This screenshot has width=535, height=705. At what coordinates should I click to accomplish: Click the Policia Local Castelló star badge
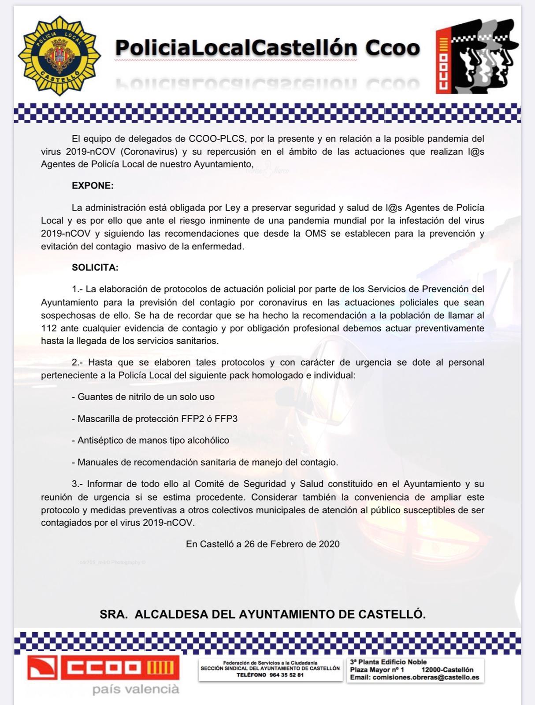(x=59, y=56)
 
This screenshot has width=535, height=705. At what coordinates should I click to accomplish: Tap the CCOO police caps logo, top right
(x=476, y=56)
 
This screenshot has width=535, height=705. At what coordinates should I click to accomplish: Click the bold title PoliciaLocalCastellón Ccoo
(x=267, y=48)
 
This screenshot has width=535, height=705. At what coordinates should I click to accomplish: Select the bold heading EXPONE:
(x=93, y=186)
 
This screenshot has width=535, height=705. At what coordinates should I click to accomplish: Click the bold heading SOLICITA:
(x=95, y=267)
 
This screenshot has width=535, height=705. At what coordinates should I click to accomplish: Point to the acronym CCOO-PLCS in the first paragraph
(x=216, y=138)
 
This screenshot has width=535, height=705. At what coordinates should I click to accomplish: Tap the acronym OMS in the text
(x=316, y=234)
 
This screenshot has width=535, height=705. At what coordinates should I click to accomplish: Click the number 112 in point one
(x=48, y=328)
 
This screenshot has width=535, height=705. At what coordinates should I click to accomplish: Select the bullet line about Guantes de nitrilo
(x=143, y=397)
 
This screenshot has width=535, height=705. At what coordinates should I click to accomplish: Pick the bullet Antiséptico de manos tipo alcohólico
(x=151, y=440)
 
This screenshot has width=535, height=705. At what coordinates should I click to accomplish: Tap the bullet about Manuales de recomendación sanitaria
(x=205, y=462)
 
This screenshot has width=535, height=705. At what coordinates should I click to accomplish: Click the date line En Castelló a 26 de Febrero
(x=263, y=544)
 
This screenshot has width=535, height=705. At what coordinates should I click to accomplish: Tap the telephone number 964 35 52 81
(x=286, y=675)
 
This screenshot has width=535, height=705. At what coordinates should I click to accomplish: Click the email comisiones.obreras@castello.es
(x=426, y=677)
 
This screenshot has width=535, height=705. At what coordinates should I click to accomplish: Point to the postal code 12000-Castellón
(x=447, y=670)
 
